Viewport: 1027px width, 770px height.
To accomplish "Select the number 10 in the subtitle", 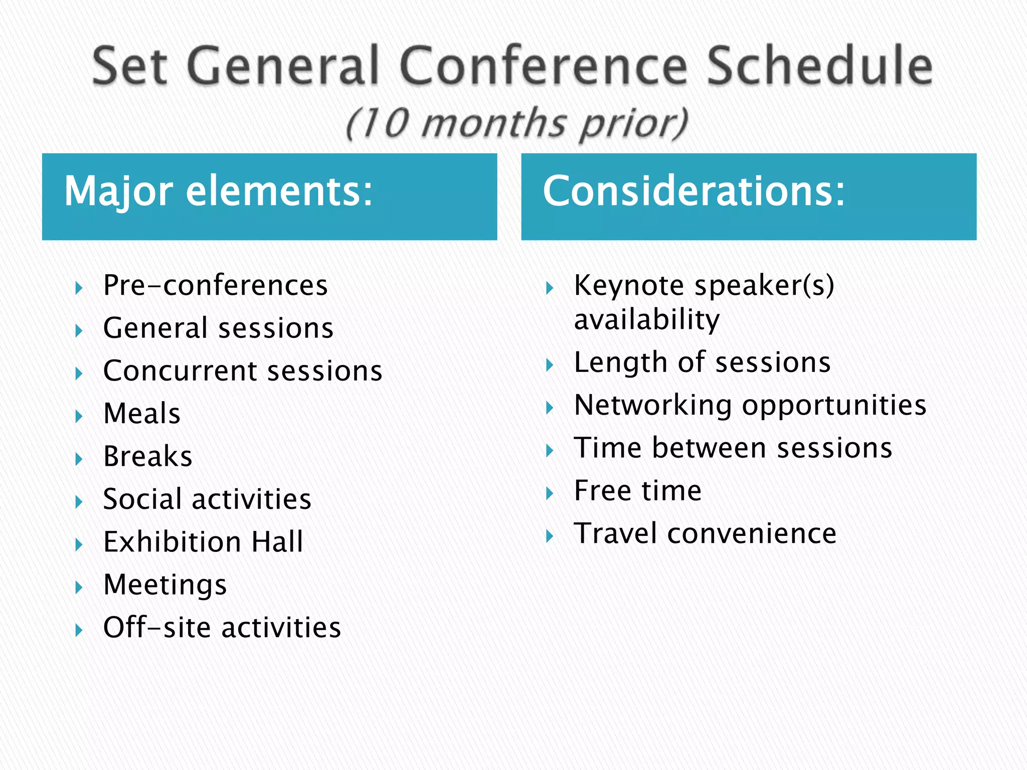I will pos(384,123).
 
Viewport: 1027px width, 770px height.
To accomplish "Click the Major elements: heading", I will pos(219,191).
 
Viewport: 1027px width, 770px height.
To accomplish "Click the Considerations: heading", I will pos(694,191).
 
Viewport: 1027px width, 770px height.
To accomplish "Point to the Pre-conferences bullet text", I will pos(215,286).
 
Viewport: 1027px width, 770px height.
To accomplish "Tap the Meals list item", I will pos(141,414).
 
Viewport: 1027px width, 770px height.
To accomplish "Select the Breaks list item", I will pos(147,457).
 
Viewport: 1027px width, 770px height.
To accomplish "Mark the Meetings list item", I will pos(165,585).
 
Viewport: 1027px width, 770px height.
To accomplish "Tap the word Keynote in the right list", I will pos(629,286).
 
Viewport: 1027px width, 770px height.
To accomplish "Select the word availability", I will pos(646,320).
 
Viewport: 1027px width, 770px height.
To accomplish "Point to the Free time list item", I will pos(637,491).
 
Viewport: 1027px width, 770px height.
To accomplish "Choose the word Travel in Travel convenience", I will pos(615,533).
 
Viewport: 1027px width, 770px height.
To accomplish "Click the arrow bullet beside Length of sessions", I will pos(550,365).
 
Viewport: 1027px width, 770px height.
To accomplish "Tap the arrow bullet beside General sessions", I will pos(79,331).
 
